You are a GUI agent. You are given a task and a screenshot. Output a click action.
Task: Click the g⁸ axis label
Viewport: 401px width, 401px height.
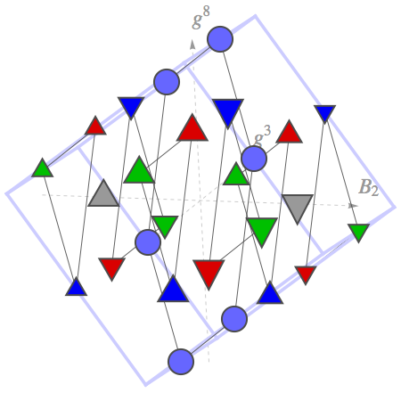click(x=201, y=18)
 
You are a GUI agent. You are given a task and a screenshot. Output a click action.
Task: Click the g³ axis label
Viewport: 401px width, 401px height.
click(x=263, y=135)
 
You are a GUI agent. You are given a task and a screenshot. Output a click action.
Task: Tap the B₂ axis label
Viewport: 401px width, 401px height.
click(x=369, y=188)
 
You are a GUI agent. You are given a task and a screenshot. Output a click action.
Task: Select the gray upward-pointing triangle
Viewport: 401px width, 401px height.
click(x=103, y=192)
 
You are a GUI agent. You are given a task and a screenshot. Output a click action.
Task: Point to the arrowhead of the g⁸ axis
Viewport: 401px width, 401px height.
click(x=192, y=44)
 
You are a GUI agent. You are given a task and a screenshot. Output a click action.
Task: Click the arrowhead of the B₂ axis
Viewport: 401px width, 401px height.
click(x=353, y=205)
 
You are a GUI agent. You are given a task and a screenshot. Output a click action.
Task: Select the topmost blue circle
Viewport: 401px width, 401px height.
click(x=220, y=39)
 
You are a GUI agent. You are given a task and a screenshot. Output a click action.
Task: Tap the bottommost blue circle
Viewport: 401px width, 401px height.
click(x=181, y=362)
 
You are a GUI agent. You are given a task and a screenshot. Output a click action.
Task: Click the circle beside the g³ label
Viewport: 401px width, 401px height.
click(x=254, y=159)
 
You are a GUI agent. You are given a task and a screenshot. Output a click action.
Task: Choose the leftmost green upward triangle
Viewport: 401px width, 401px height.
click(x=43, y=168)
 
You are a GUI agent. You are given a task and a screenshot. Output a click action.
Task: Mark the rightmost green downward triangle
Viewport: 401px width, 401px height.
click(x=359, y=233)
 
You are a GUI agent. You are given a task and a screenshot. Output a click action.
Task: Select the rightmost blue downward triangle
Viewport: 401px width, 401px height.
click(x=325, y=113)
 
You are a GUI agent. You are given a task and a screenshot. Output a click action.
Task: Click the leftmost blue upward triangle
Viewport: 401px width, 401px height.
click(x=77, y=287)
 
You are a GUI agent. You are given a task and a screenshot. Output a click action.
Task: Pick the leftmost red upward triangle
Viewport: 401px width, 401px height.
click(x=95, y=127)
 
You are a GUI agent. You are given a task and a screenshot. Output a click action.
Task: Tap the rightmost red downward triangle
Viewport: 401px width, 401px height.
click(x=306, y=274)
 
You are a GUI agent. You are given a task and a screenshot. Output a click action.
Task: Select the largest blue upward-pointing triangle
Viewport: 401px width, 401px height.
click(x=173, y=290)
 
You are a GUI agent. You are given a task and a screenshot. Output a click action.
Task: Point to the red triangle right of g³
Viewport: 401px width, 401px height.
click(x=289, y=133)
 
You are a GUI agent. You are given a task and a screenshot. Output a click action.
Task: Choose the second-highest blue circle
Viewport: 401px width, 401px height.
click(x=167, y=82)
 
